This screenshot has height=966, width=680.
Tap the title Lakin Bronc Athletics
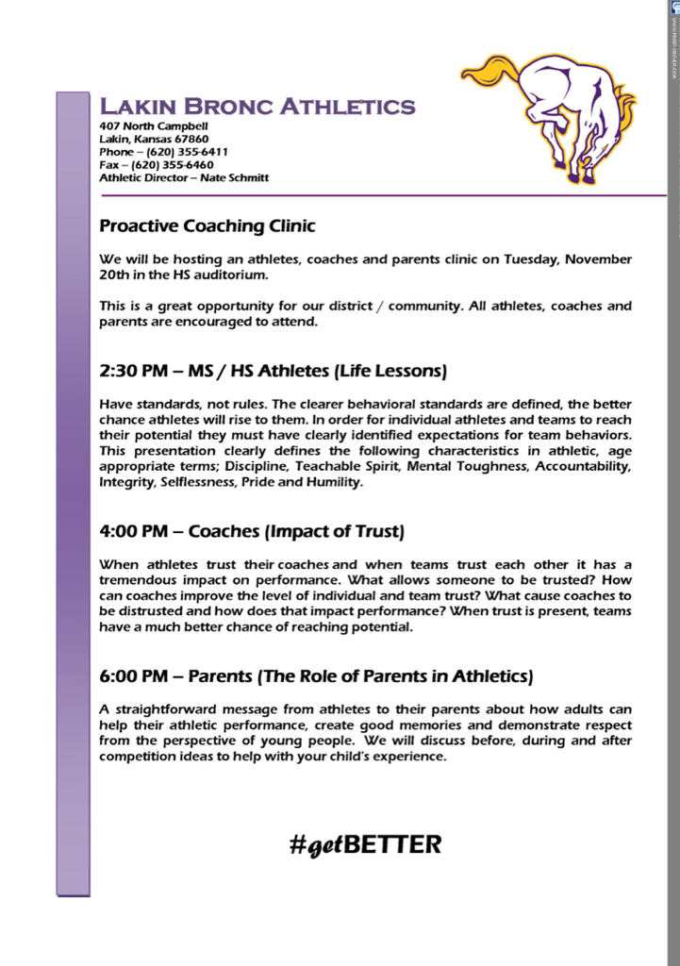click(257, 106)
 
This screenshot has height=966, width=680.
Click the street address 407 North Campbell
click(154, 126)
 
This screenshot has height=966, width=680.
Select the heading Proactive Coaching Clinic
click(207, 226)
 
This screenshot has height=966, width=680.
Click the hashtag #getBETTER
click(366, 844)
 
